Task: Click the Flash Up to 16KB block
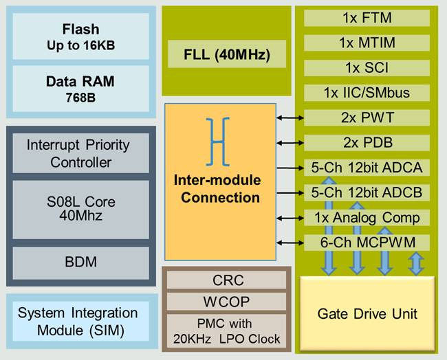tap(80, 36)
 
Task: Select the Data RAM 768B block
tap(80, 87)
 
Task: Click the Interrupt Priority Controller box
tap(80, 154)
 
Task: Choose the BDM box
tap(80, 262)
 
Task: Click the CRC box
tap(228, 280)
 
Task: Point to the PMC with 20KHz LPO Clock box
tap(228, 330)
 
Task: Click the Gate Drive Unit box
tap(367, 314)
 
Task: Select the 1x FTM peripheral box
tap(367, 18)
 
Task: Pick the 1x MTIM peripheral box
tap(367, 43)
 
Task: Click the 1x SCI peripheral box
tap(367, 67)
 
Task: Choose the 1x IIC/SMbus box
tap(367, 93)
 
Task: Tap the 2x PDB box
tap(367, 142)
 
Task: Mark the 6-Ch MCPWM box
tap(367, 243)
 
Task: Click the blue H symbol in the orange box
tap(218, 140)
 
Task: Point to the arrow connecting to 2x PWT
tap(290, 118)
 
